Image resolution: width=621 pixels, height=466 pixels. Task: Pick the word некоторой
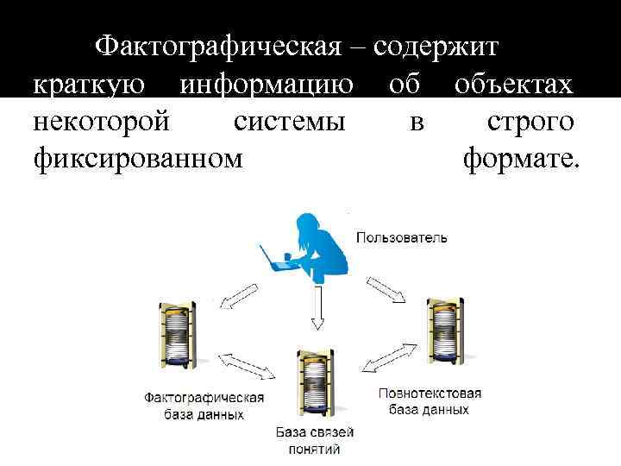(x=101, y=122)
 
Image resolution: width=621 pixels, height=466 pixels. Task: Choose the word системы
(x=289, y=122)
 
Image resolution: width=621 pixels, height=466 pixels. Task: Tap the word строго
(x=530, y=122)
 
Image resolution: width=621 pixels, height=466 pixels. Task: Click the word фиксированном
(x=137, y=160)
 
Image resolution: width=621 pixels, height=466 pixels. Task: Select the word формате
(x=522, y=160)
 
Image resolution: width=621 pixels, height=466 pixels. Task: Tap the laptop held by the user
(x=275, y=258)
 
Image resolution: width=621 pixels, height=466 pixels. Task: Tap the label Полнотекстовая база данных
(x=430, y=401)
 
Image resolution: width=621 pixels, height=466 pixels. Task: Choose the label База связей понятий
(x=314, y=440)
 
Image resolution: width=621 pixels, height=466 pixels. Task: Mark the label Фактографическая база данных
(x=204, y=406)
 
